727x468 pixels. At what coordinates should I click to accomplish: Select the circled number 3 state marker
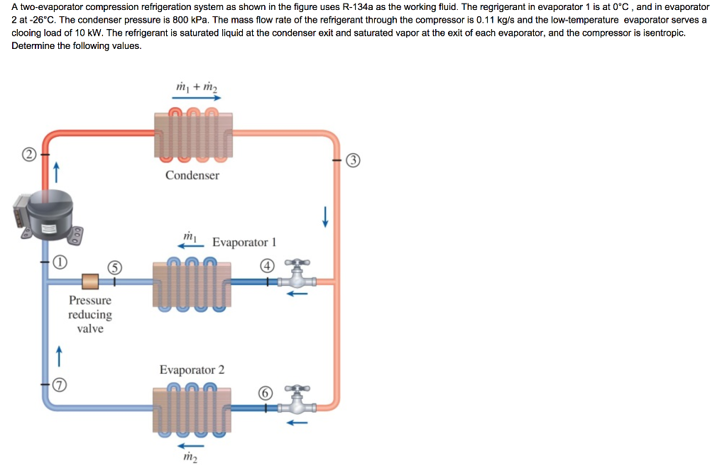(x=353, y=160)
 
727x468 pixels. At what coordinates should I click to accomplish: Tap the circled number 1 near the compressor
(x=62, y=262)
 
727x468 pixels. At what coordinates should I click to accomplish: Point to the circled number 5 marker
(x=114, y=267)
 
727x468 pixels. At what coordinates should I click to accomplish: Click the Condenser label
(x=192, y=175)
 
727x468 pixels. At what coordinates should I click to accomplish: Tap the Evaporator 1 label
(x=244, y=242)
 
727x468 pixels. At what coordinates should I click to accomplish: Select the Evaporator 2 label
(x=192, y=369)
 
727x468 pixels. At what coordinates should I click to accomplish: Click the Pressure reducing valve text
(x=90, y=314)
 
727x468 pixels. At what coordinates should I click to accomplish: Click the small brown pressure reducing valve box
(x=90, y=282)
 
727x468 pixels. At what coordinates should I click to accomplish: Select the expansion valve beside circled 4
(x=299, y=278)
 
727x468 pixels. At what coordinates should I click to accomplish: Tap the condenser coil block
(x=193, y=135)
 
